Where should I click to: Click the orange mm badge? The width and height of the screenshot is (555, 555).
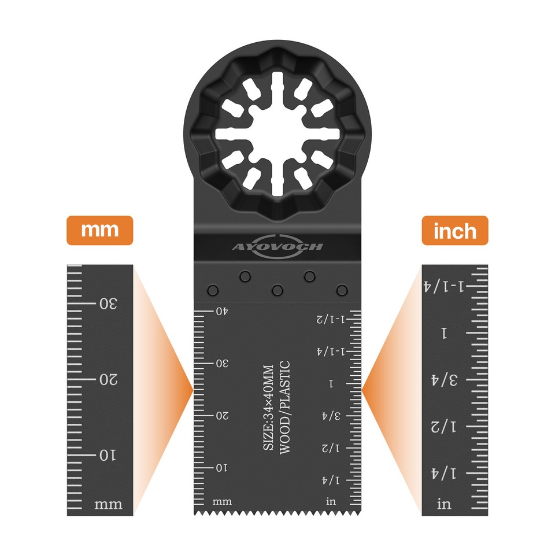pos(100,230)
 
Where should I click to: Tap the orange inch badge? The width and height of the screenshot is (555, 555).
pos(455,230)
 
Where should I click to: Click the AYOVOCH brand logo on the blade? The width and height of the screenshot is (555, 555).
pos(278,246)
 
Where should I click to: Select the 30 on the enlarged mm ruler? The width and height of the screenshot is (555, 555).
pos(108,304)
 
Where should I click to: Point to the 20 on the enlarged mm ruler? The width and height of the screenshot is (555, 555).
pos(108,380)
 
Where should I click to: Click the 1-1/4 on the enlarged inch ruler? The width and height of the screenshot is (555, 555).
pos(445,286)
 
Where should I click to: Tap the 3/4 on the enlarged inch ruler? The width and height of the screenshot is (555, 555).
pos(445,380)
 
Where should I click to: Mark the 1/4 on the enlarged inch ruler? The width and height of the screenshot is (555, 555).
pos(445,474)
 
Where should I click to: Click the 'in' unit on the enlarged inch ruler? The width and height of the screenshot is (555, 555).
pos(444,505)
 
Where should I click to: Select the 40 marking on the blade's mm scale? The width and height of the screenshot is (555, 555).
pos(222,312)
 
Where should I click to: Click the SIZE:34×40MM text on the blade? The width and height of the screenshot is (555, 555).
pos(268,408)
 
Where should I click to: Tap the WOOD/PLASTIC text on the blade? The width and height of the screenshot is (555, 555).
pos(284,408)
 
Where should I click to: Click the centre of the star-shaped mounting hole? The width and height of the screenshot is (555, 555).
pos(277,134)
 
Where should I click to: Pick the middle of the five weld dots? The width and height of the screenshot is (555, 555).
pos(277,289)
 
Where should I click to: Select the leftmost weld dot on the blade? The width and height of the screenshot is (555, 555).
pos(213,289)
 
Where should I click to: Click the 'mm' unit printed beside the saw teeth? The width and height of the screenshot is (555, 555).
pos(223,501)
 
